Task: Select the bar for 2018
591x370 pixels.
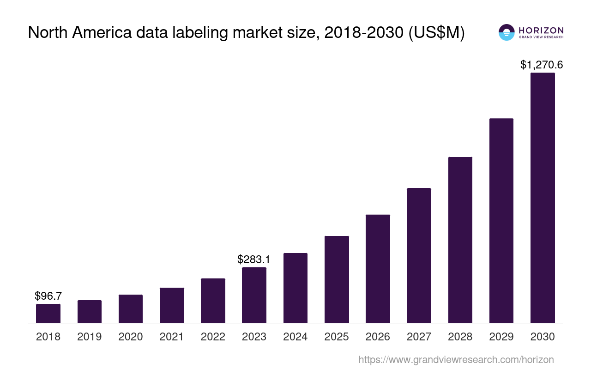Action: [x=48, y=313]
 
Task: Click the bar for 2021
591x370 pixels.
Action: [x=172, y=305]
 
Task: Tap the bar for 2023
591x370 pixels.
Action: [x=254, y=295]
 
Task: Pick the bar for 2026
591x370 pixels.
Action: [x=378, y=269]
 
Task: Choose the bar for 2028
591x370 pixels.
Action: [x=460, y=240]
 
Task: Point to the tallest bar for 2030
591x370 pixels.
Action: [x=543, y=198]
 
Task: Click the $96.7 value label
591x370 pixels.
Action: [x=48, y=296]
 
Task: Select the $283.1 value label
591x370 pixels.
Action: [x=254, y=259]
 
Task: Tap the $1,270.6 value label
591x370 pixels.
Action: [x=542, y=65]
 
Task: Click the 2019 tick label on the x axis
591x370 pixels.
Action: [x=89, y=337]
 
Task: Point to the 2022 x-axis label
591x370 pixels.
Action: [x=213, y=337]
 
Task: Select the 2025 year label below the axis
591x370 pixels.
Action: [x=337, y=337]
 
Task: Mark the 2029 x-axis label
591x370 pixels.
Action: [x=501, y=337]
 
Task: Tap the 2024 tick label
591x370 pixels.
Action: [x=295, y=337]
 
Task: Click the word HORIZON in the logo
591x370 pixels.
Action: [x=541, y=30]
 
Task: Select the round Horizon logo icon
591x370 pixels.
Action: [x=507, y=32]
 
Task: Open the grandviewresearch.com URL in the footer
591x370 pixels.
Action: [x=456, y=359]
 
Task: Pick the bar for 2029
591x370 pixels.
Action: [x=501, y=221]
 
